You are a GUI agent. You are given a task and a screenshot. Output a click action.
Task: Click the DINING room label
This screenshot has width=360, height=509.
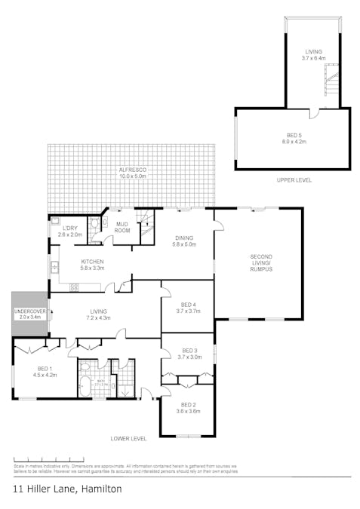point(185,241)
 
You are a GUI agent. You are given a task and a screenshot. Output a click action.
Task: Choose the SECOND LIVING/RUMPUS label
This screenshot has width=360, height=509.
point(260,263)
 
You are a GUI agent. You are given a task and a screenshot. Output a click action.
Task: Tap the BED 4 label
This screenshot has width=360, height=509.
point(188,307)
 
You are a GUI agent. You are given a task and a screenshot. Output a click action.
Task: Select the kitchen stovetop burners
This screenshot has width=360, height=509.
point(74,287)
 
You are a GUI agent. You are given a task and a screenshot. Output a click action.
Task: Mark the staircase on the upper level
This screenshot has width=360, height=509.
point(331,79)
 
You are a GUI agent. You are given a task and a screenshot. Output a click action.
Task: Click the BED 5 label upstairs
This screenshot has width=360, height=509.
point(292,137)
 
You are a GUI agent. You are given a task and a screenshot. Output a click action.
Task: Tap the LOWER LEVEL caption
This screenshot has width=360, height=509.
point(128,438)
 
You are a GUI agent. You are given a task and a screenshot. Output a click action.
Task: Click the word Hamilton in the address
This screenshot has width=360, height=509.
point(95,489)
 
